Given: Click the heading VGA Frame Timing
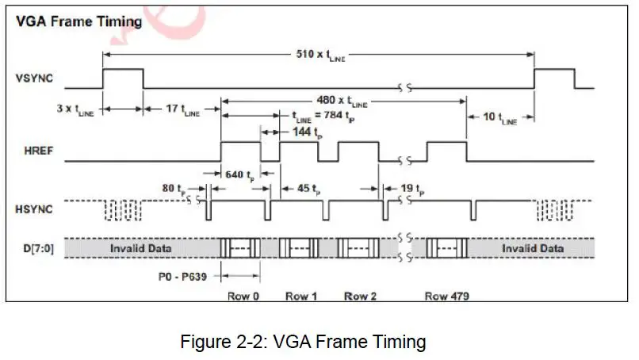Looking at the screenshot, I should (78, 21).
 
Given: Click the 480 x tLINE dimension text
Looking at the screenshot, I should (340, 101).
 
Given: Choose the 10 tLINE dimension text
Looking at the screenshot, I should (499, 117).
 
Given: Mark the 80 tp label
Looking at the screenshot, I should (174, 189).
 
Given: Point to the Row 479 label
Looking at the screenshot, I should (446, 296).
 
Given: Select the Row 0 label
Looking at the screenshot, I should (241, 296).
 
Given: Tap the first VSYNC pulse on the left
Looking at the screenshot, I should (122, 78).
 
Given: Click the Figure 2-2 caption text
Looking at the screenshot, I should (304, 342).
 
